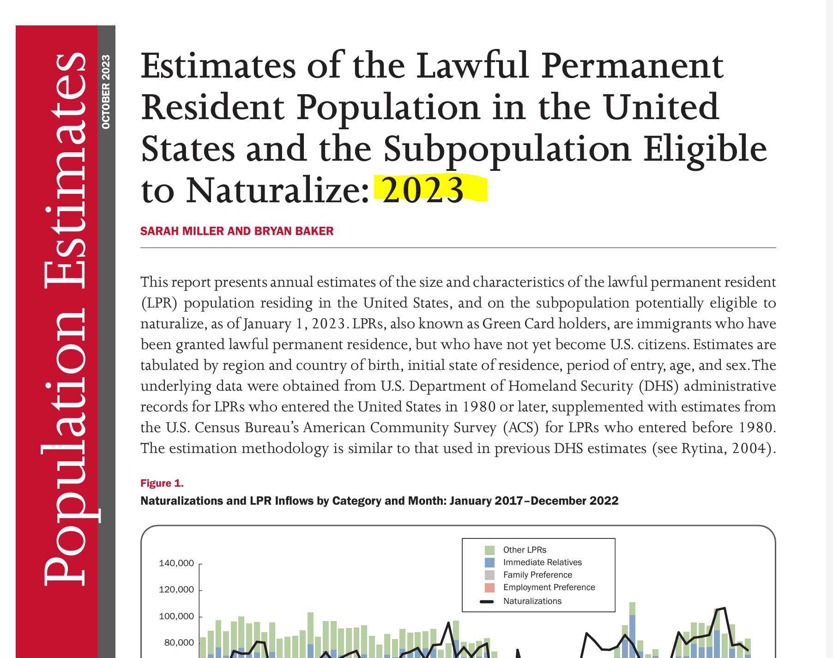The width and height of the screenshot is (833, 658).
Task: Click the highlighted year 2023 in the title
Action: tap(423, 190)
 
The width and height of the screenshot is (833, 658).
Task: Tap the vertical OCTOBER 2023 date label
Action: tap(106, 92)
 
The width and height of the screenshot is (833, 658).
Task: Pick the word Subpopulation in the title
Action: tap(507, 149)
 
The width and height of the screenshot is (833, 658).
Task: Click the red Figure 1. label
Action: tap(162, 483)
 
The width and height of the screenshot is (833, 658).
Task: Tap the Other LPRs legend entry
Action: tap(525, 550)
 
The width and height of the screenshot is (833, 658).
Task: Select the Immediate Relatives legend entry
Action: tap(542, 562)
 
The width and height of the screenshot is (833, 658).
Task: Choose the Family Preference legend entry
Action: tap(537, 575)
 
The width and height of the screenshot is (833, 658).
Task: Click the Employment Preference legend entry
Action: tap(549, 587)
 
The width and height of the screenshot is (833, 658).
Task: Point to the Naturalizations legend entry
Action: tap(532, 601)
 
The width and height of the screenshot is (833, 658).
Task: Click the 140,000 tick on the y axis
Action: tap(176, 563)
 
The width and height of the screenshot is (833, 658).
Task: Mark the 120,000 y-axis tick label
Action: tap(176, 590)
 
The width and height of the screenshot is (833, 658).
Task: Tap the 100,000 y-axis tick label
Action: tap(176, 616)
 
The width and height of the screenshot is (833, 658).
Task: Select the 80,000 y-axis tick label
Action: tap(179, 643)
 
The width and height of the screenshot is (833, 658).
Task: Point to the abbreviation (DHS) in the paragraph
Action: tap(658, 386)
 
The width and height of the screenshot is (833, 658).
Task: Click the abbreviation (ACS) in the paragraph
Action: tap(521, 428)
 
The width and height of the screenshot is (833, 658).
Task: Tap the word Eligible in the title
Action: tap(705, 149)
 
